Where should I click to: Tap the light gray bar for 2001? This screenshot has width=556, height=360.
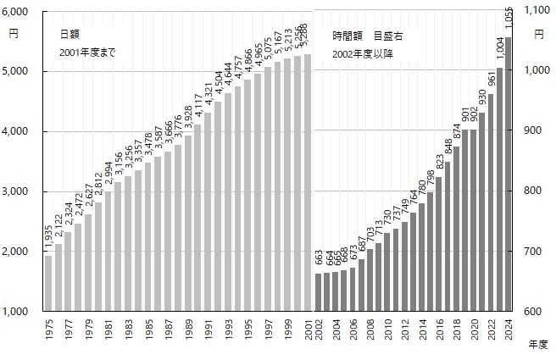point(308,182)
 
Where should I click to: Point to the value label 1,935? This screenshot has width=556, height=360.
point(48,239)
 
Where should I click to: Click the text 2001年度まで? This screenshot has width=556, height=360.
point(87,53)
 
